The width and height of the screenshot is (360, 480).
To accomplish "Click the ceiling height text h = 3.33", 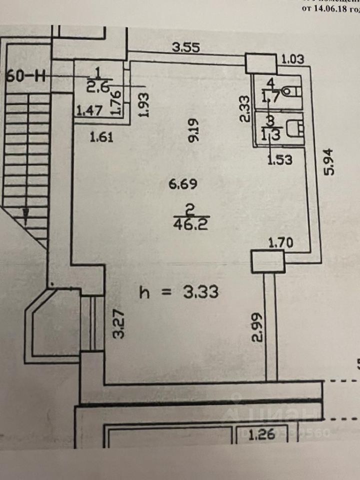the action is [178, 291].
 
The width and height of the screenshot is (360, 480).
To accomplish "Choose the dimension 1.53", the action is [279, 159].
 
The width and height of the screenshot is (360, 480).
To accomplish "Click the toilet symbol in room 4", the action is [291, 91].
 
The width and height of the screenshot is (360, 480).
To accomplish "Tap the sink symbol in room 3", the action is [298, 127].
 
